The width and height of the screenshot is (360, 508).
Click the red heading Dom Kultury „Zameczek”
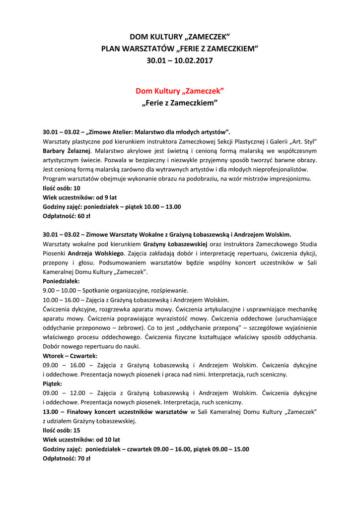click(180, 91)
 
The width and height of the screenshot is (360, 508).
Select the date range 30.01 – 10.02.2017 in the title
click(180, 61)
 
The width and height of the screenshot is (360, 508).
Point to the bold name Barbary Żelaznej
click(67, 150)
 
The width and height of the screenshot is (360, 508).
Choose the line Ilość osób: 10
click(62, 188)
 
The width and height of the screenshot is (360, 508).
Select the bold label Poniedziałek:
click(62, 281)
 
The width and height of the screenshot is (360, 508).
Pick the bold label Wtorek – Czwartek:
click(70, 356)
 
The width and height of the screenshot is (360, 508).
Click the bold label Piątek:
click(53, 384)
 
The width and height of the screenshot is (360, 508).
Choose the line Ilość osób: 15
click(62, 431)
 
